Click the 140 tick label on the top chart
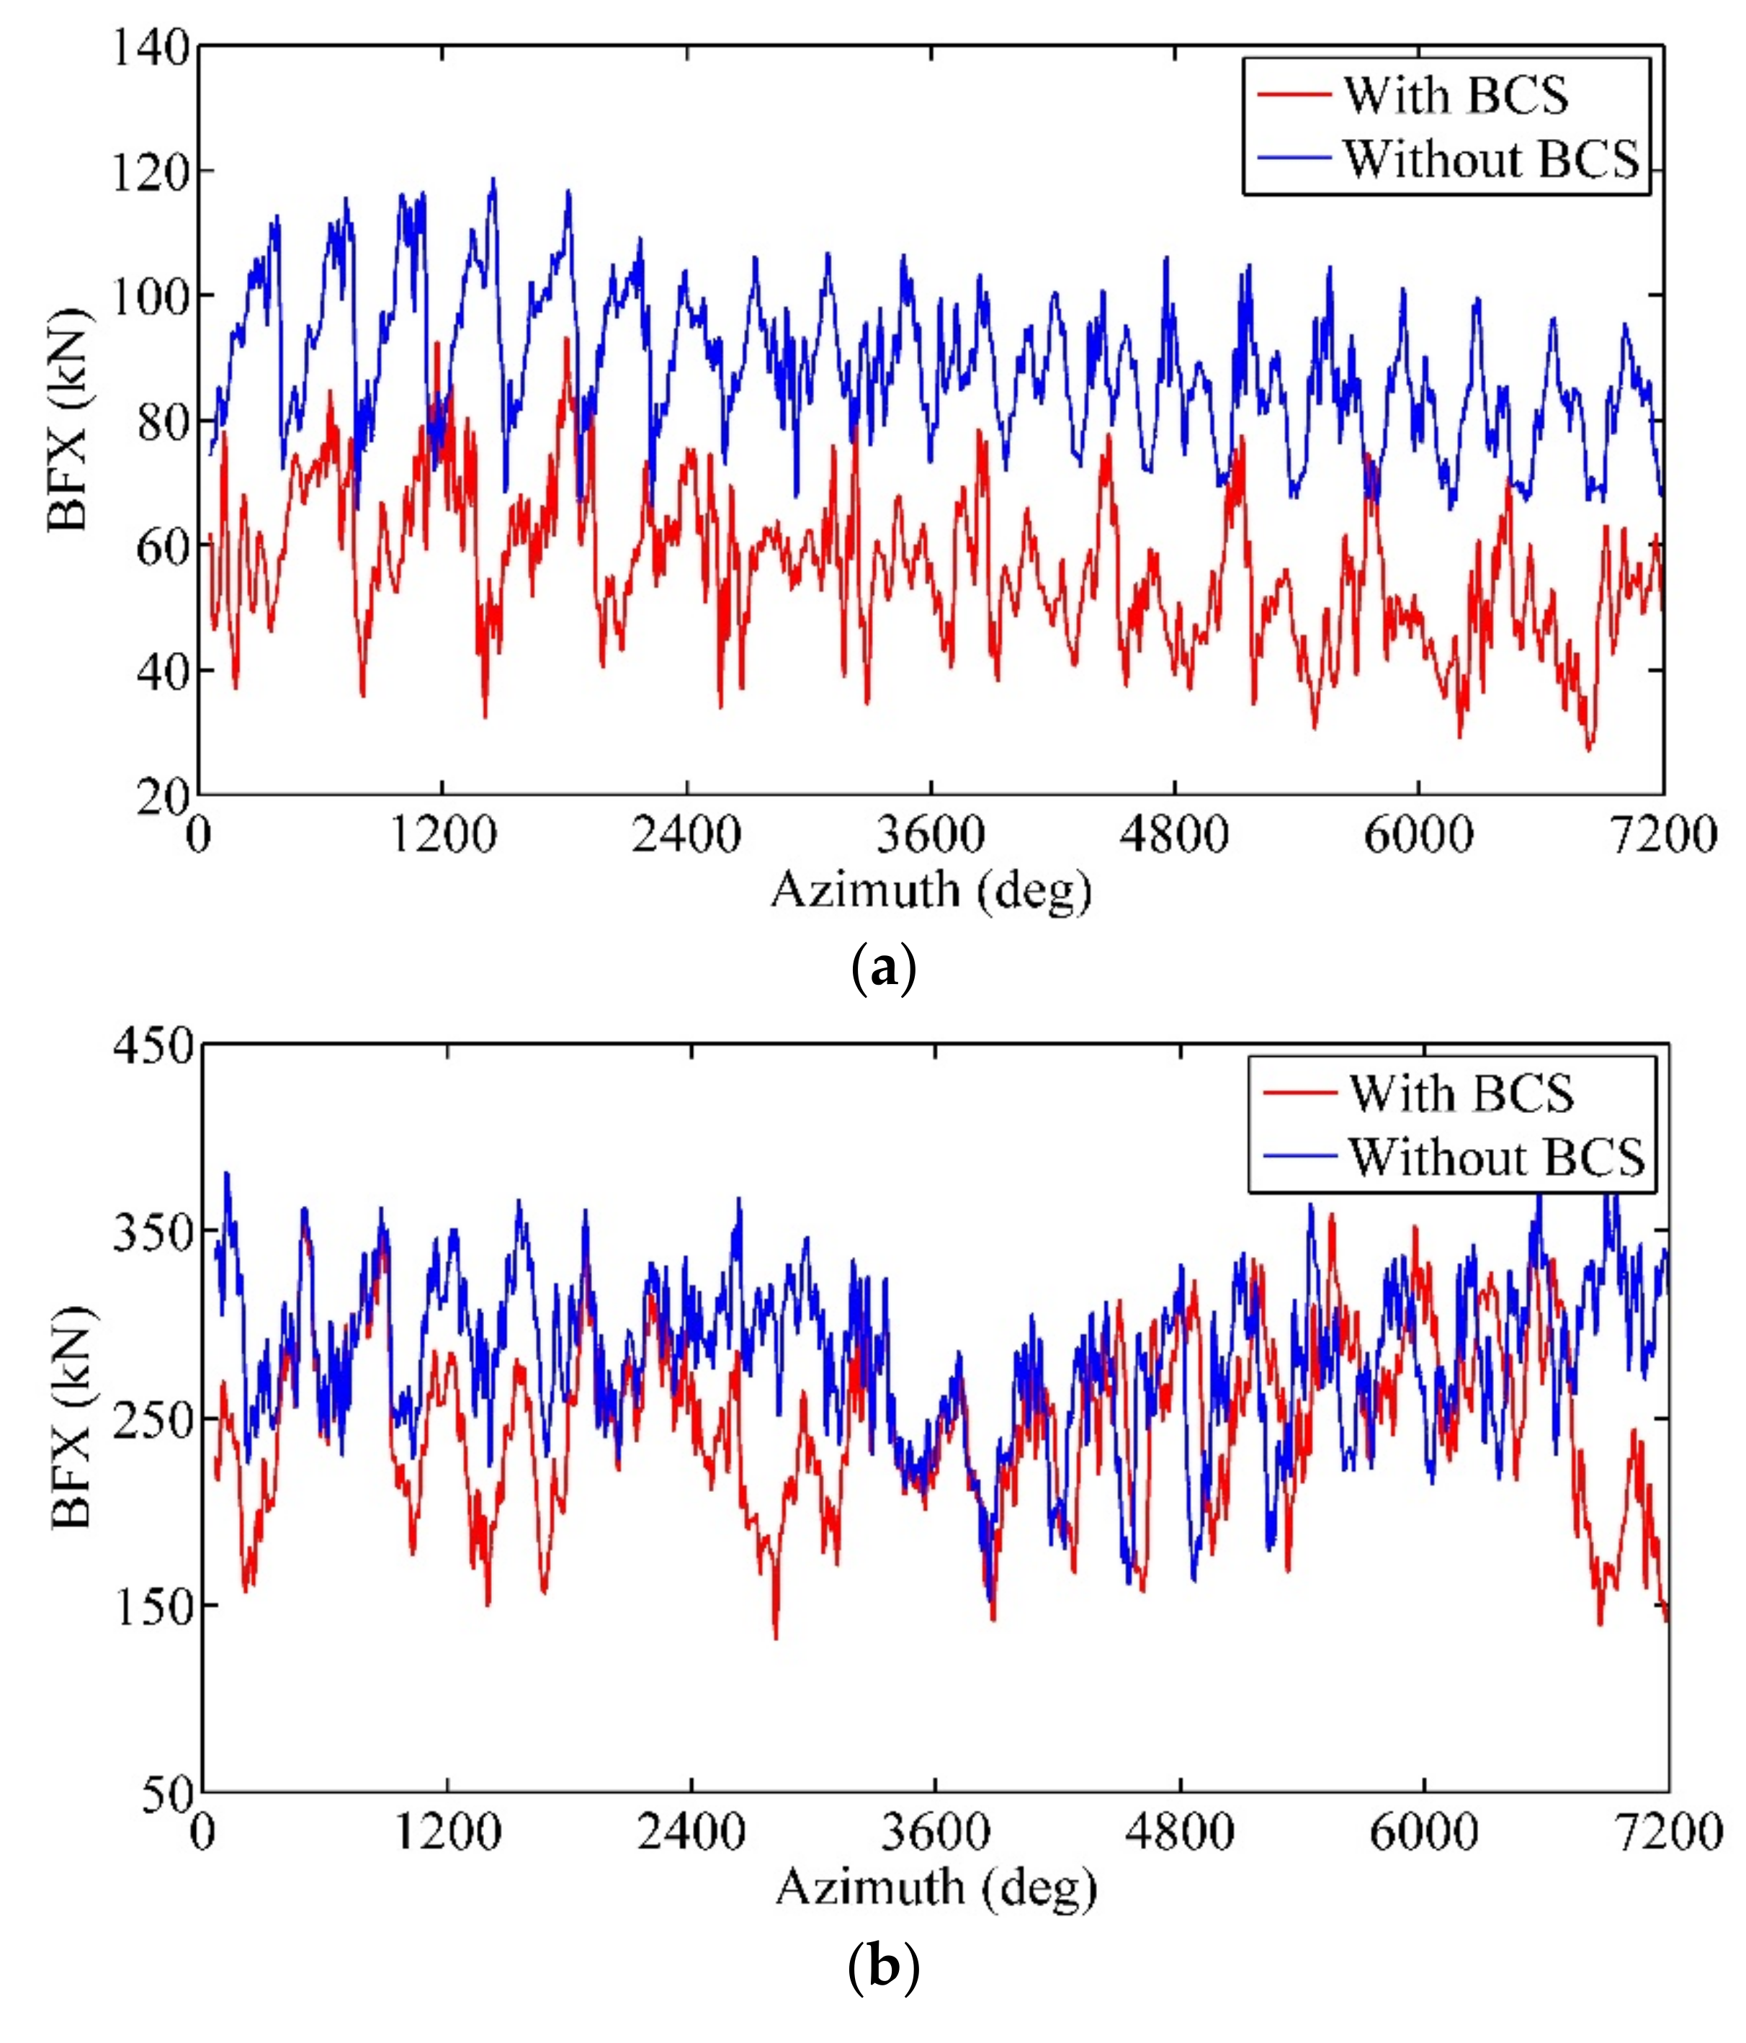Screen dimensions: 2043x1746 point(150,48)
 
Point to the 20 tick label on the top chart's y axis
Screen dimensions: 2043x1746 point(161,797)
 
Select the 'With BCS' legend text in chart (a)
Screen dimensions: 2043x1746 point(1455,96)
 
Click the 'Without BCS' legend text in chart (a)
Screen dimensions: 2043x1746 point(1491,158)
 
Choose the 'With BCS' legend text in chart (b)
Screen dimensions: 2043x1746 point(1461,1094)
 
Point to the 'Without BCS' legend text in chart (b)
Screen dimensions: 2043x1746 point(1497,1155)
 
